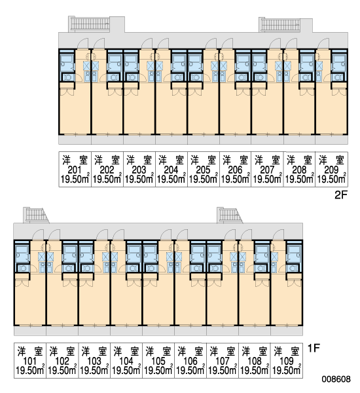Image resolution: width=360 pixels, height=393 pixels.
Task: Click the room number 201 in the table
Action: (75, 170)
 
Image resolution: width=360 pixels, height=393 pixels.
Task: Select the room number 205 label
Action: (203, 170)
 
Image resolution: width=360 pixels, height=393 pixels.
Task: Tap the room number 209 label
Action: (331, 170)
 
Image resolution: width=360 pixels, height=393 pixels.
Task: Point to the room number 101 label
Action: (30, 361)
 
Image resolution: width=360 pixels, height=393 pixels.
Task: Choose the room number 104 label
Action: (126, 361)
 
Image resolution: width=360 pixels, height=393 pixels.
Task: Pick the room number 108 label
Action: (255, 361)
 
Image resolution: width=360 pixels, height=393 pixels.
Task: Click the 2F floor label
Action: (341, 195)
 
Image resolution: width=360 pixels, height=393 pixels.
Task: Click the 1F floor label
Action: (314, 348)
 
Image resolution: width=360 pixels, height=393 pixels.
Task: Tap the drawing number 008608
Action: (336, 379)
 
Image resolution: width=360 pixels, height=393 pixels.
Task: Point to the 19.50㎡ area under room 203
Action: (139, 179)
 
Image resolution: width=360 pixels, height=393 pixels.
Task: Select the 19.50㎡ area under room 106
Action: (190, 370)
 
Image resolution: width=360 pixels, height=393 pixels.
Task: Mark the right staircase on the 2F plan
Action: (281, 25)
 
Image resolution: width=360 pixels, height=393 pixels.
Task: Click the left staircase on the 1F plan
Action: (36, 215)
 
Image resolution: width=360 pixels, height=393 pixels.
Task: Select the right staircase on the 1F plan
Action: (230, 215)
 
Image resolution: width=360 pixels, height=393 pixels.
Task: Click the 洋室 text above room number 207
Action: (267, 160)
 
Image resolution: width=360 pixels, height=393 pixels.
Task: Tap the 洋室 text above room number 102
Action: (62, 351)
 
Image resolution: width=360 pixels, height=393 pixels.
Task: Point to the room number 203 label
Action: (139, 170)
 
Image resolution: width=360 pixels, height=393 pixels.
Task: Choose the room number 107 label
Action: (223, 361)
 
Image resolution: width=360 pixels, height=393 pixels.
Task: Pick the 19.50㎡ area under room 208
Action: (299, 179)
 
